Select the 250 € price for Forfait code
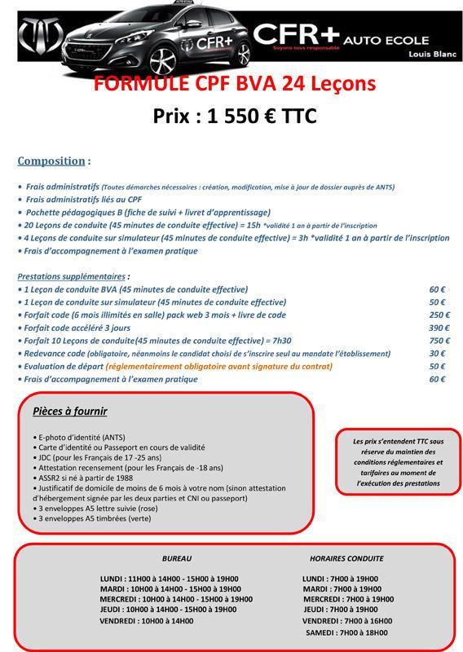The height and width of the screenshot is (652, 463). (439, 315)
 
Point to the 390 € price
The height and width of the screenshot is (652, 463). (439, 328)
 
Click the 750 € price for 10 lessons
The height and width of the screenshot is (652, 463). (439, 341)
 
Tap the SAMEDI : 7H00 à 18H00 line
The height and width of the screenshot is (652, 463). (346, 632)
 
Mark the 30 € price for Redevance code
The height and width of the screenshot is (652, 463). (437, 354)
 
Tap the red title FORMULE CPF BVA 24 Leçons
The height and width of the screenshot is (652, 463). (235, 85)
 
